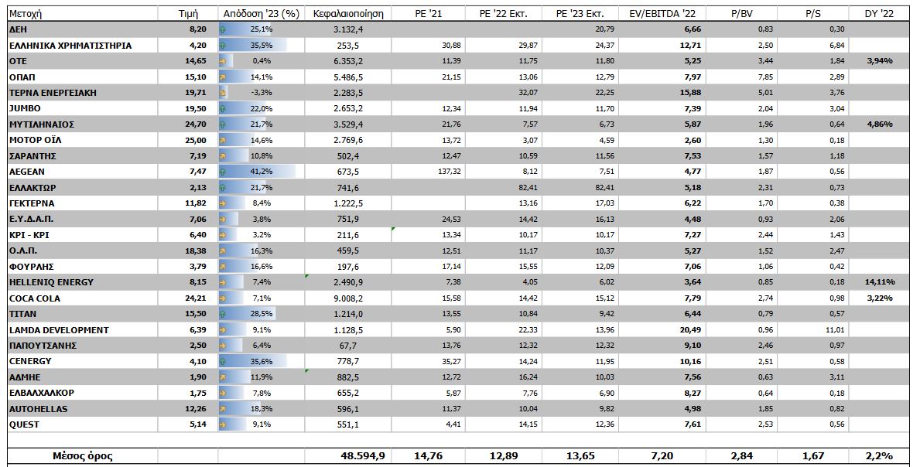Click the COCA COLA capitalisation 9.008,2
[x=348, y=298]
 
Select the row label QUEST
[x=24, y=424]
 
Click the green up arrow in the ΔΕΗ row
[x=223, y=29]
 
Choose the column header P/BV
[x=743, y=13]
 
